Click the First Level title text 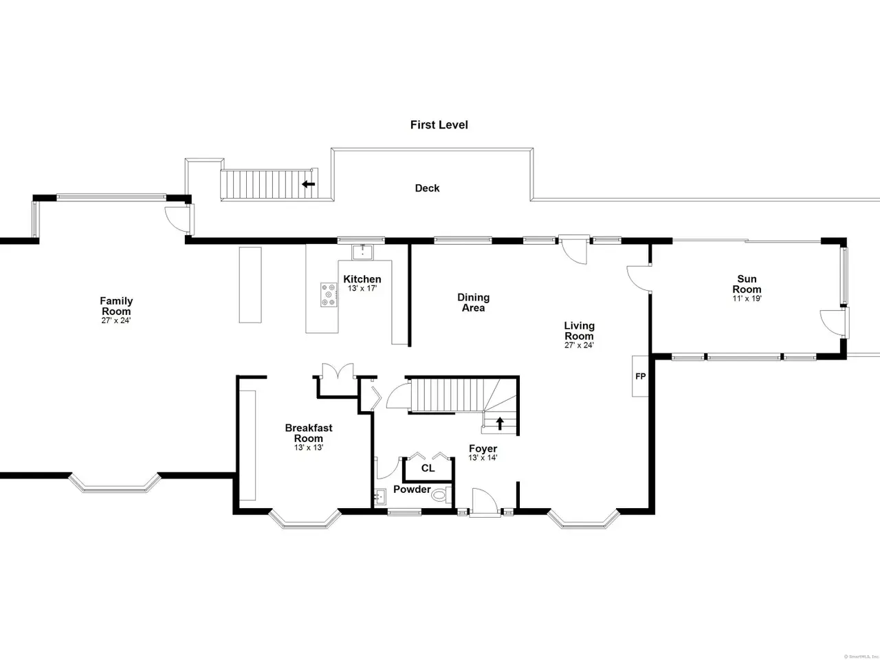[439, 125]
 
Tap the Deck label [427, 188]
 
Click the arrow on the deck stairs [308, 184]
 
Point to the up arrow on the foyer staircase [500, 423]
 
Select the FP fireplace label [640, 376]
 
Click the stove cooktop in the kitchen [329, 295]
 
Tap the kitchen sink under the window [362, 252]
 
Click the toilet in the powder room [441, 495]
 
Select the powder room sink [380, 497]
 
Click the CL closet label [428, 468]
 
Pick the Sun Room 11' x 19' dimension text [747, 298]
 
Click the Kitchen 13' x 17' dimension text [362, 288]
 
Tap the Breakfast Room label [309, 433]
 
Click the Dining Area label [474, 302]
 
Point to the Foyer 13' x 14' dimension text [483, 458]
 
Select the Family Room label [116, 306]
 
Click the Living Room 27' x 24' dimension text [579, 345]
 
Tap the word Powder [412, 489]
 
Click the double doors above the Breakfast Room [338, 371]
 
